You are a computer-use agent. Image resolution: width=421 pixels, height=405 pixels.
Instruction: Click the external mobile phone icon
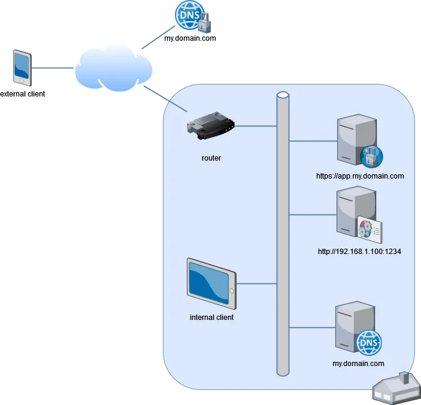tap(22, 68)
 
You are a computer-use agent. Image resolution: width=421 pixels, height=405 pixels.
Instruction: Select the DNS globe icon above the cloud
tap(186, 15)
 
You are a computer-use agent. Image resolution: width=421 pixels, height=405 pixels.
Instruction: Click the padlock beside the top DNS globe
tap(204, 24)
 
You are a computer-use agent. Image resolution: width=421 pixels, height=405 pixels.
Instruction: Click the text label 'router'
tap(211, 158)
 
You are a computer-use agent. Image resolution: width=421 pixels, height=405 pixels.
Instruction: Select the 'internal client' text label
tap(211, 318)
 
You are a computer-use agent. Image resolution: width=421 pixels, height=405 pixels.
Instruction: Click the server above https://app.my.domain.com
tap(353, 139)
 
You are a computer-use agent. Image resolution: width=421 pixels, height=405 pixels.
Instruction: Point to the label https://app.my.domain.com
tap(360, 176)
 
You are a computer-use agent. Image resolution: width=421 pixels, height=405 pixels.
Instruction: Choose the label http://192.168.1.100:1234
tap(359, 252)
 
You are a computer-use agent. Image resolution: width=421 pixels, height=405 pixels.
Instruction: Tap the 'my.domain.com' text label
tap(358, 364)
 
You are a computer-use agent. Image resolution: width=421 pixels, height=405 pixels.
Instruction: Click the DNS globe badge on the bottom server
tap(369, 343)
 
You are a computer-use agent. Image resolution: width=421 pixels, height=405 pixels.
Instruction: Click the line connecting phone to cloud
tap(52, 69)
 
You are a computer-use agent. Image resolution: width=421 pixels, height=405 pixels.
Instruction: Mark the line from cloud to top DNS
tap(155, 40)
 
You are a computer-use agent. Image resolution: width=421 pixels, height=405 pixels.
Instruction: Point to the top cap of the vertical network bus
tap(283, 95)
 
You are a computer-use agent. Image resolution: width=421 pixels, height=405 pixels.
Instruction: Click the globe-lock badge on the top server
tap(371, 156)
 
